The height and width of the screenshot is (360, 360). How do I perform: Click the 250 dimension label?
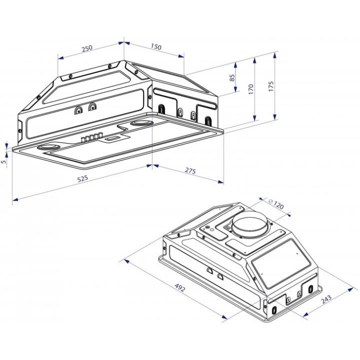pos(87,48)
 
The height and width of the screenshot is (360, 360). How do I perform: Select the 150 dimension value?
pos(156,47)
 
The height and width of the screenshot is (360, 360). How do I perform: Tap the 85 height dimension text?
pos(232,78)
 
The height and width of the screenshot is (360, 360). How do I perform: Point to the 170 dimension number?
pos(251,89)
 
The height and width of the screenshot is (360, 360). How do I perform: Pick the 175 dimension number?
pos(271,86)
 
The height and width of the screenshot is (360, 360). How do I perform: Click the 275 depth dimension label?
pos(191,171)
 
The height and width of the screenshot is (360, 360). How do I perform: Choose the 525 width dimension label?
pos(82,179)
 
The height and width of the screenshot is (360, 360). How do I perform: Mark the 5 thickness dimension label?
pos(4,161)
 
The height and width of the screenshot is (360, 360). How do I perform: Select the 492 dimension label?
pos(179,288)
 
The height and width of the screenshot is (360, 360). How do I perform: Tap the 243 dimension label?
pos(326,299)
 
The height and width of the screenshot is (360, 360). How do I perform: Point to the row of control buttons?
pos(92,137)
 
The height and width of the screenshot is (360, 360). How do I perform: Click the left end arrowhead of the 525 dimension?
pos(15,200)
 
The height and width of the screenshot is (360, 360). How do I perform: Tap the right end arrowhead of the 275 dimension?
pos(221,182)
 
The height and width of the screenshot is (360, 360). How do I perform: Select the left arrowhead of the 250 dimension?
pos(61,58)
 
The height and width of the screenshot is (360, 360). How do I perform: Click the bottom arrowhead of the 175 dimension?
pos(275,117)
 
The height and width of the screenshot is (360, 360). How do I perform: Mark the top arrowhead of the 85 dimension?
pos(235,65)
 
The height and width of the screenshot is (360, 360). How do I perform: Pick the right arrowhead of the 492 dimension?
pos(224,317)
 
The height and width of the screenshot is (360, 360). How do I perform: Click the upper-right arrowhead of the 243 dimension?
pos(350,289)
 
